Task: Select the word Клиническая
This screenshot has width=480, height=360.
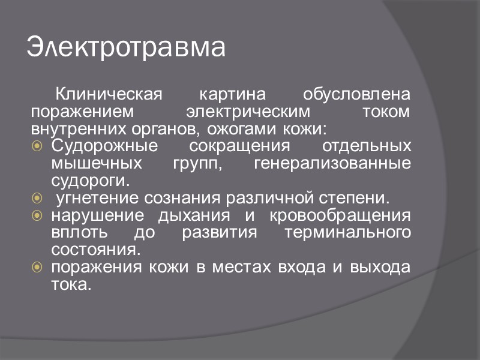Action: click(109, 95)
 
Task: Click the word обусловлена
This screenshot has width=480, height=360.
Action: click(357, 95)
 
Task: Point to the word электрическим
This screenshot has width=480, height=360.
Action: click(248, 112)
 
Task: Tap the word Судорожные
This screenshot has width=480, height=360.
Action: click(104, 146)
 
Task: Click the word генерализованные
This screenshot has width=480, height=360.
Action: click(332, 164)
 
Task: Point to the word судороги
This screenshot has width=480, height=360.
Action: click(90, 181)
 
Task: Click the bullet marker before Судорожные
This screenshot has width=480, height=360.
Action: click(37, 146)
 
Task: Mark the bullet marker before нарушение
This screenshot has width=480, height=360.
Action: click(37, 215)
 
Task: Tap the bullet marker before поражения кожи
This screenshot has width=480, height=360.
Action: click(37, 267)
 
